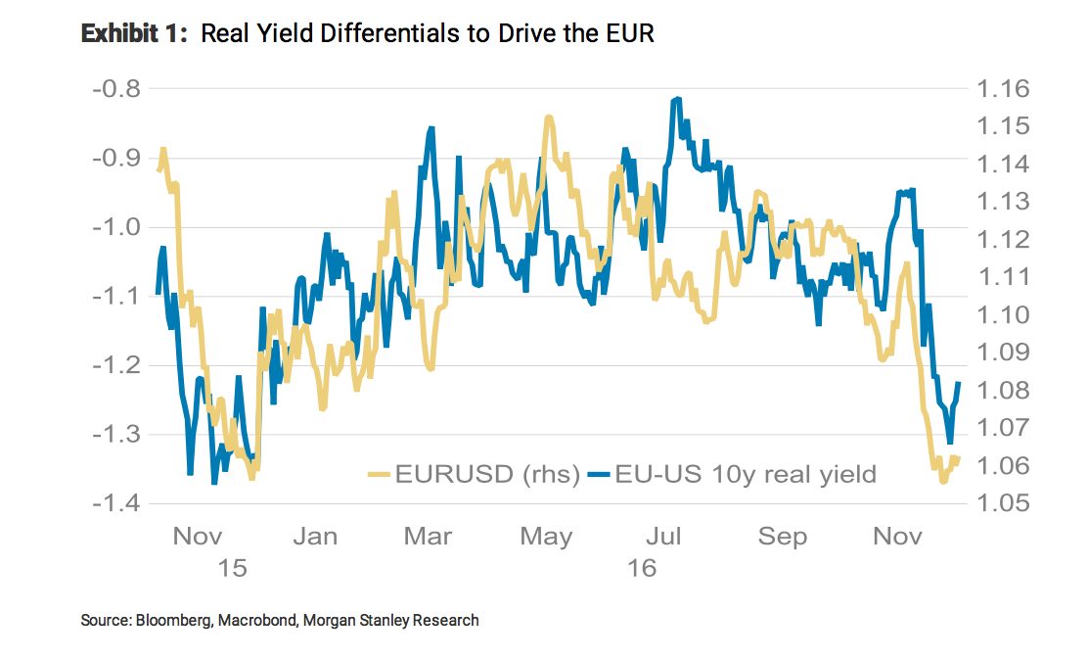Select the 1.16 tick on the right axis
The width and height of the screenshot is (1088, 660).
click(1003, 89)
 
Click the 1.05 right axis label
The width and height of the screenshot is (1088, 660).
click(1003, 504)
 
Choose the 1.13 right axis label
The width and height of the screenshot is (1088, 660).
click(1003, 202)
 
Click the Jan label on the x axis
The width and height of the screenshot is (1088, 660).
click(315, 537)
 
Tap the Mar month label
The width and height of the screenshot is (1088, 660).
click(427, 537)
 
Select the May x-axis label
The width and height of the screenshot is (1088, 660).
click(546, 537)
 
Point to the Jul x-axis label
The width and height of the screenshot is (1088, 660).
click(664, 537)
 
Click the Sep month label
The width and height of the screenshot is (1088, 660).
click(783, 537)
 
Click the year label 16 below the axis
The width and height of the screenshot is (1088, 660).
click(643, 567)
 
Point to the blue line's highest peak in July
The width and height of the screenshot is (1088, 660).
click(676, 99)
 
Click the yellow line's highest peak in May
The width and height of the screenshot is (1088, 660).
click(549, 118)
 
